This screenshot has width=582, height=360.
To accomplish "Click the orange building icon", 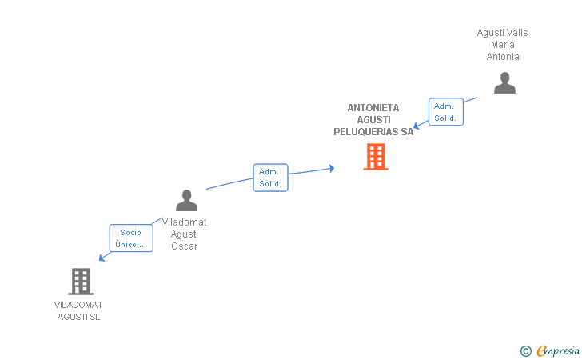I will click(376, 157).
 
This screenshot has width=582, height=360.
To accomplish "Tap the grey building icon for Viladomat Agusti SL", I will click(81, 282).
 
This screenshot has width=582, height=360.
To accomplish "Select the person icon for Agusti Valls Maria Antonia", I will click(504, 83).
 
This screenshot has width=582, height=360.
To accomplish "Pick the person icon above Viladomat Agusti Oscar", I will click(186, 200).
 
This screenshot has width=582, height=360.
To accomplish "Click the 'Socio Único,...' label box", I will click(130, 238).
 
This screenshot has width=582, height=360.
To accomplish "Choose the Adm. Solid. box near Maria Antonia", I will click(445, 112).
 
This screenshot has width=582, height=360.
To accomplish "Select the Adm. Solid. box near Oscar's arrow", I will click(270, 178).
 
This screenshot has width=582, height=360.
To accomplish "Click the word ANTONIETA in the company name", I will click(373, 108).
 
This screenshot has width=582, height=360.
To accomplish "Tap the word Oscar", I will click(184, 246).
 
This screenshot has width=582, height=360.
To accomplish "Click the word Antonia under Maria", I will click(503, 57).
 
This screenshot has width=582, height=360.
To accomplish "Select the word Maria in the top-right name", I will click(503, 45).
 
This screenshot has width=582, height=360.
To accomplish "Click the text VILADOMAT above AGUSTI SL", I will click(78, 305).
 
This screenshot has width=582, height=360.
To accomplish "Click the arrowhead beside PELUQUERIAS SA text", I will click(417, 126).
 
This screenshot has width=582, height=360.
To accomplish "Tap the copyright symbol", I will click(525, 350).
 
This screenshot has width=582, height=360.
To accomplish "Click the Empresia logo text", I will click(558, 350).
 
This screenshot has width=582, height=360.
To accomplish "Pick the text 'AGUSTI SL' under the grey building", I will click(78, 317).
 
